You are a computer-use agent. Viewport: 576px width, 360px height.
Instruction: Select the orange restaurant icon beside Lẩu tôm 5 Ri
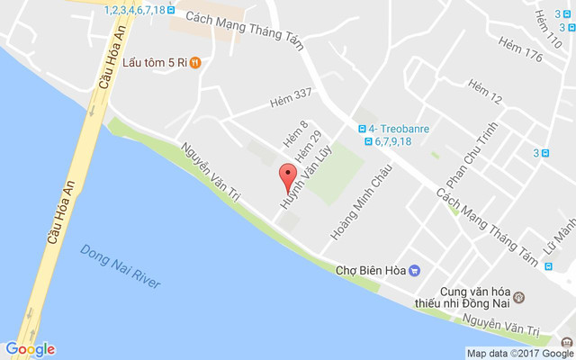click(x=195, y=63)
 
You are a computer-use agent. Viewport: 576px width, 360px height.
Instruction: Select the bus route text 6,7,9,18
click(x=392, y=141)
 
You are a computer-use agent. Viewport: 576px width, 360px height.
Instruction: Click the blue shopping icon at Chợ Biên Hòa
click(x=414, y=269)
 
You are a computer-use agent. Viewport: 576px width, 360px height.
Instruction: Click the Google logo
click(x=30, y=349)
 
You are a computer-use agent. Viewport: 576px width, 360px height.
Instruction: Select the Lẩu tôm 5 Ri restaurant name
click(x=154, y=63)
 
